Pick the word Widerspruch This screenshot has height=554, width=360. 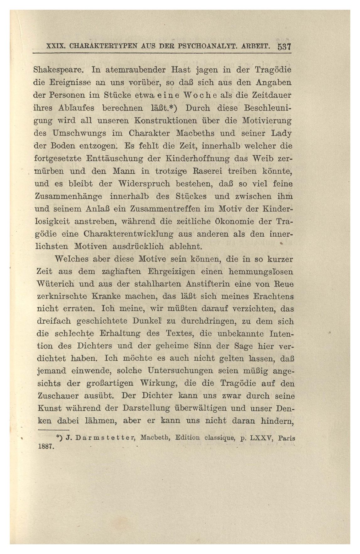coord(143,184)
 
